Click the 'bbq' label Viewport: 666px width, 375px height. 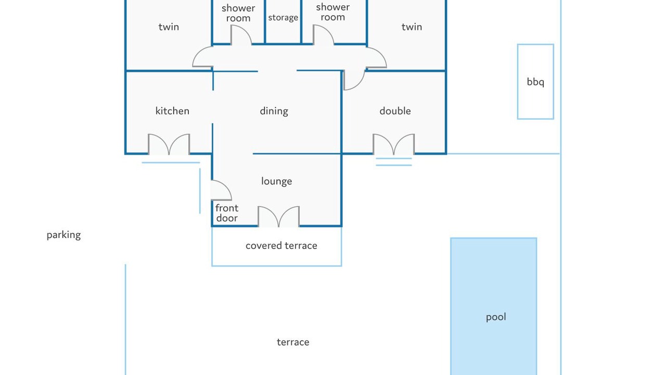(x=535, y=82)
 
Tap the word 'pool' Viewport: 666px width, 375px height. (x=495, y=317)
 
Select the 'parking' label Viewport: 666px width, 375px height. (x=63, y=234)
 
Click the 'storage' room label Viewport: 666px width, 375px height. (x=283, y=18)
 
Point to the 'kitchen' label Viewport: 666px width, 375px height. (x=172, y=111)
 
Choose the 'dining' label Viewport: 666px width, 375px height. (x=274, y=111)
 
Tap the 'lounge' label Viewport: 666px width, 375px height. (x=276, y=181)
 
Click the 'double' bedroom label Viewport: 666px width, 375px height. (x=395, y=111)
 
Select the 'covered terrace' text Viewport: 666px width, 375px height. (x=281, y=245)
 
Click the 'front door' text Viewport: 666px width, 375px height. (x=227, y=213)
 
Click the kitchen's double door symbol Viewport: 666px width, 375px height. (x=169, y=144)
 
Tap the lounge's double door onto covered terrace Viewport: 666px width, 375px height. (x=279, y=217)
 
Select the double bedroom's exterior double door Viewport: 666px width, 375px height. (x=393, y=144)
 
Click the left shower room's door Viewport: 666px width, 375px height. (x=241, y=35)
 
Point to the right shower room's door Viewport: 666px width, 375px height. (x=323, y=35)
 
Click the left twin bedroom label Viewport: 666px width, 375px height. (x=169, y=27)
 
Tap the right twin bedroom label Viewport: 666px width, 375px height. (x=412, y=27)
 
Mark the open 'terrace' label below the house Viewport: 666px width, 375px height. (x=293, y=342)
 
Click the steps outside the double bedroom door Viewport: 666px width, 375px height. (x=393, y=161)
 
